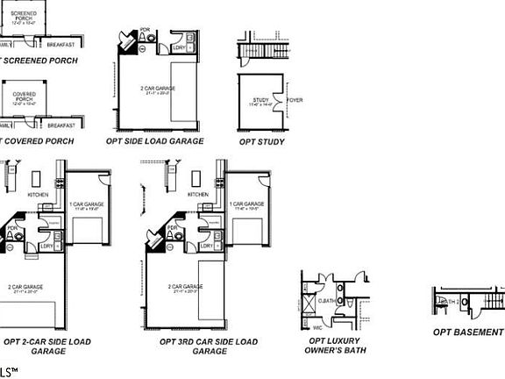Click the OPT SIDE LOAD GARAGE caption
click(x=154, y=140)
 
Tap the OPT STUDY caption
click(x=261, y=140)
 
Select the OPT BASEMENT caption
click(x=468, y=333)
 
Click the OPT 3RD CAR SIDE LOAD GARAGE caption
click(x=209, y=346)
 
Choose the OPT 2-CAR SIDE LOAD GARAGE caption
click(x=47, y=346)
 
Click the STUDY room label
click(x=259, y=102)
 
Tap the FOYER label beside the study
click(x=295, y=101)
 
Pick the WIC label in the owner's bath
click(x=317, y=327)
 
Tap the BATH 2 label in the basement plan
click(x=448, y=302)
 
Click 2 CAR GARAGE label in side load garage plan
click(x=159, y=89)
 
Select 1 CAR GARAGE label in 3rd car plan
click(x=247, y=205)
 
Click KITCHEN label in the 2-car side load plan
click(x=38, y=194)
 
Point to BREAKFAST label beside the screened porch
click(x=60, y=44)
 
